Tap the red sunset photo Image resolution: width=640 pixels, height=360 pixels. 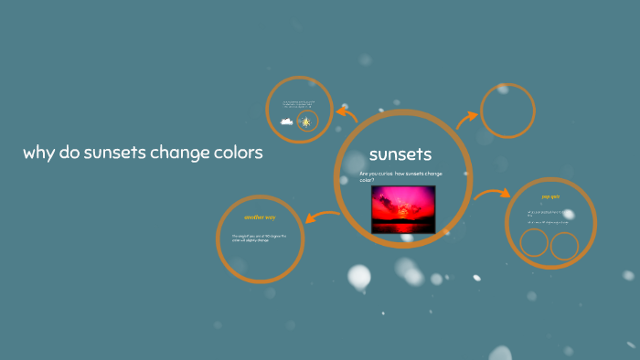403,209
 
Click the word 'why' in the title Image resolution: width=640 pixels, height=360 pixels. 38,153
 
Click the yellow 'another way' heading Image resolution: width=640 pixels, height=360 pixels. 260,217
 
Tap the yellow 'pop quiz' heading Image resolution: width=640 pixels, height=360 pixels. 549,196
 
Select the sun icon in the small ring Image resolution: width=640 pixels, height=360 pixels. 306,122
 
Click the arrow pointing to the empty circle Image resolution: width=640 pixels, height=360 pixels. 467,116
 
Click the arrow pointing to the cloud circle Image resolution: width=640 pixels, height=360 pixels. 347,114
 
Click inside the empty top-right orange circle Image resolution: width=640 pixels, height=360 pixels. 507,112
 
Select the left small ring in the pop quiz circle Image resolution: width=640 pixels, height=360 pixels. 533,244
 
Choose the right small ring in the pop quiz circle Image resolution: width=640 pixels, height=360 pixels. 564,244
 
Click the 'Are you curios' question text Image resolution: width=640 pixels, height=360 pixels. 400,176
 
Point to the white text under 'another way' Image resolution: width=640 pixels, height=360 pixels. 259,238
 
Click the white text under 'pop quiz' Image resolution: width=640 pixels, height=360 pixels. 549,217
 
